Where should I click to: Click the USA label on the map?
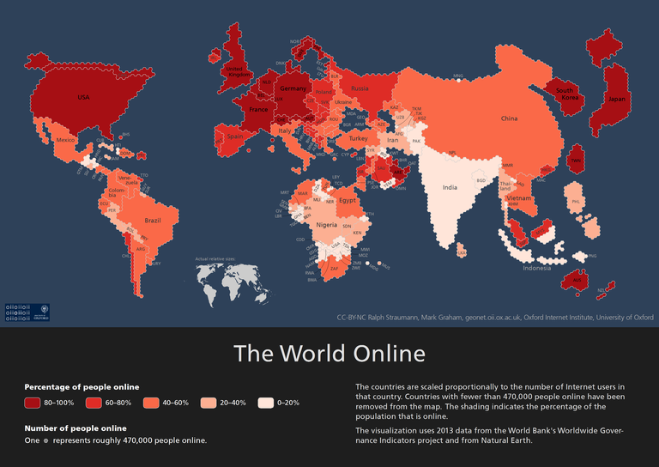pyautogui.click(x=83, y=97)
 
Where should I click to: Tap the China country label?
pyautogui.click(x=509, y=118)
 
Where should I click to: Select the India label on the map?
pyautogui.click(x=449, y=187)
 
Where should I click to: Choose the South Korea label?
pyautogui.click(x=565, y=94)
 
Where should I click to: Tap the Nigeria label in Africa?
pyautogui.click(x=326, y=224)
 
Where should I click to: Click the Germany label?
pyautogui.click(x=293, y=89)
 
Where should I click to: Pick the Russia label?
pyautogui.click(x=360, y=88)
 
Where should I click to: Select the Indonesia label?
pyautogui.click(x=537, y=268)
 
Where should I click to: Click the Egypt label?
pyautogui.click(x=347, y=200)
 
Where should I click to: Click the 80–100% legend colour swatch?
pyautogui.click(x=33, y=403)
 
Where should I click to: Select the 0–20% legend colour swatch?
pyautogui.click(x=265, y=403)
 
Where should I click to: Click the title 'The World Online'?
pyautogui.click(x=329, y=353)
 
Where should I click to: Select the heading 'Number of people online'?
pyautogui.click(x=76, y=428)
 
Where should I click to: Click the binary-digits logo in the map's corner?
pyautogui.click(x=18, y=312)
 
